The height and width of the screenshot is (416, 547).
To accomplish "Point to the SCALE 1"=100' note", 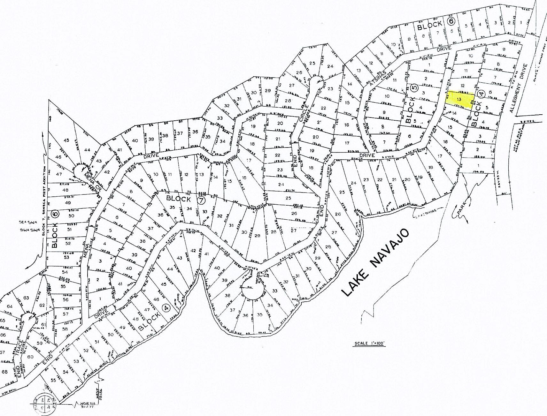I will (369, 344).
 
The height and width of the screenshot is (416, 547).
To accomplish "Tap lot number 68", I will (5, 372).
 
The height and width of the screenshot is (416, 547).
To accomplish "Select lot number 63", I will (26, 298).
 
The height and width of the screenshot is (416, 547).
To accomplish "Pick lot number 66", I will (3, 335).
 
